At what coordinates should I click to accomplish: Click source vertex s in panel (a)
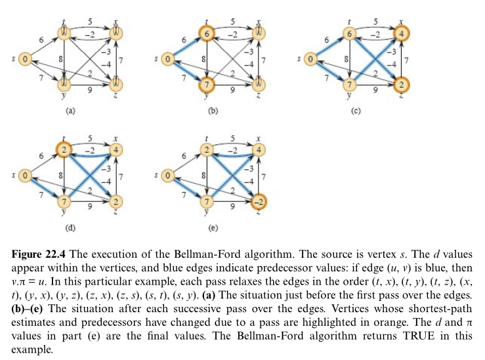coord(24,59)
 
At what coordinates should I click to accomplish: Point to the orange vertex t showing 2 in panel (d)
coord(64,150)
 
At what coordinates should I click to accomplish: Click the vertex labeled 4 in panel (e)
coord(259,150)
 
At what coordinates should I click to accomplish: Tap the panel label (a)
coord(70,111)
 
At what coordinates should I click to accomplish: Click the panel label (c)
coord(356,111)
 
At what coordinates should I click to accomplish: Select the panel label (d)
coord(70,229)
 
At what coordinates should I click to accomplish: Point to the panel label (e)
coord(213,229)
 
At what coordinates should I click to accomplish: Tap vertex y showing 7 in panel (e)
coord(207,201)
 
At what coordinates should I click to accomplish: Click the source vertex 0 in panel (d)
coord(24,176)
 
